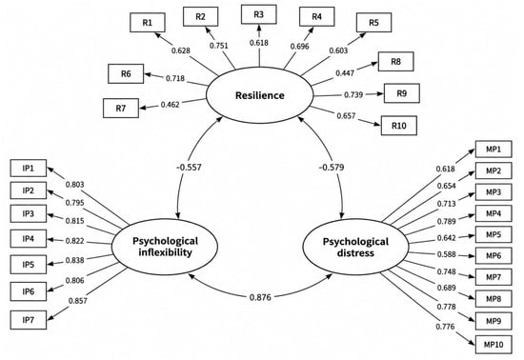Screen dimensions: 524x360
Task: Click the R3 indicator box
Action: click(258, 14)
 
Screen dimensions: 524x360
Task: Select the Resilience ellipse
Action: click(260, 95)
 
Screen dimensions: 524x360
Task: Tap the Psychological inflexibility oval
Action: click(165, 247)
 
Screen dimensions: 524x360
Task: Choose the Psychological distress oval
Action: click(355, 247)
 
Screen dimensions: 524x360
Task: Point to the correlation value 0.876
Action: click(260, 297)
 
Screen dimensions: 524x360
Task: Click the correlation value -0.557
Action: click(189, 167)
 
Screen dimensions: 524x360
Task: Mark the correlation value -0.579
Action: click(332, 167)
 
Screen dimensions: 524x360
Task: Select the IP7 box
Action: click(29, 320)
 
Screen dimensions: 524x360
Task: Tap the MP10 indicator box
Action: click(494, 345)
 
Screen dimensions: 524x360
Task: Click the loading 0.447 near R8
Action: click(345, 72)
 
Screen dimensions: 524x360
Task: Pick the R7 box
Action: click(121, 109)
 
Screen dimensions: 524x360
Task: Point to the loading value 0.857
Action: click(78, 301)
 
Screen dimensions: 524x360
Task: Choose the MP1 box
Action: click(494, 149)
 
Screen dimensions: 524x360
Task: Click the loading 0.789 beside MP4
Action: click(447, 221)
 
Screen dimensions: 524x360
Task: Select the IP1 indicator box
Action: click(29, 168)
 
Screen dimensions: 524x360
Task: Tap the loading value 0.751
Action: click(219, 46)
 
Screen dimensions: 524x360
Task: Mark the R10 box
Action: click(399, 126)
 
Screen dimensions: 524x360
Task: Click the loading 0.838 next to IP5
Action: click(75, 260)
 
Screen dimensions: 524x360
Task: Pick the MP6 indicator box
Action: click(494, 256)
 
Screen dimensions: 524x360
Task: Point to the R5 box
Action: click(374, 23)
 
